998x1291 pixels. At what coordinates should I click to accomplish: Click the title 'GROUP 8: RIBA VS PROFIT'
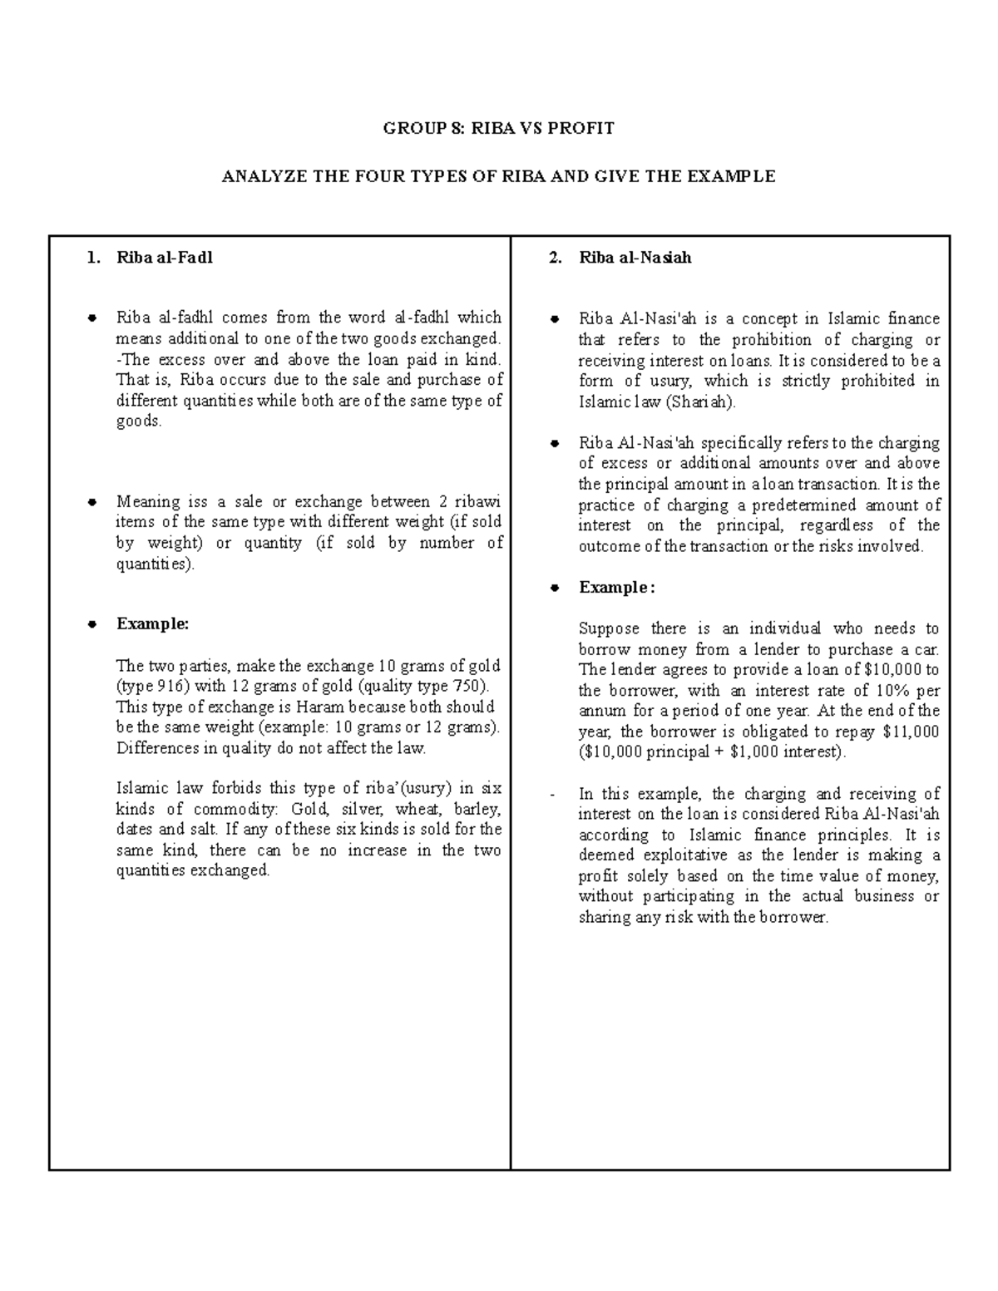click(498, 128)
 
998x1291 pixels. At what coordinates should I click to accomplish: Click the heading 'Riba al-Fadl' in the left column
click(165, 258)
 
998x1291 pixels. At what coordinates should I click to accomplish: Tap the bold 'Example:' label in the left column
click(153, 624)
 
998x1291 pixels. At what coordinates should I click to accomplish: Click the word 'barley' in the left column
click(477, 809)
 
